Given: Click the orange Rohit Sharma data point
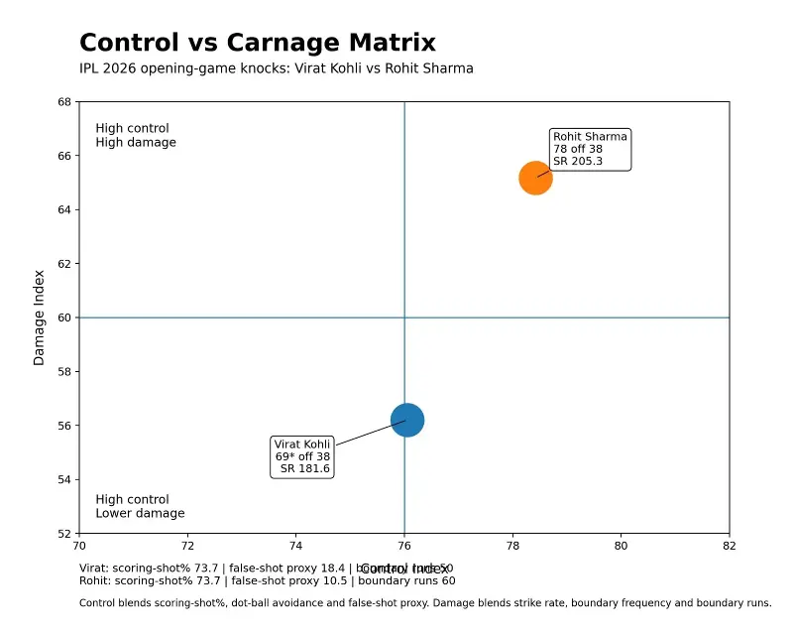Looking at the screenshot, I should pos(535,179).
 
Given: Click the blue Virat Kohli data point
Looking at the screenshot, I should pos(407,420).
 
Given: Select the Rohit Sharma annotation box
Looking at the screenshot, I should pos(590,149).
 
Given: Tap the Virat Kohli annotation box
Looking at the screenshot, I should pos(302,456).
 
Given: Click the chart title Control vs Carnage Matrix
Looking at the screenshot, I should pos(257,43).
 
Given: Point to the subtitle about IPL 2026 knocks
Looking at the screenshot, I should pos(276,69).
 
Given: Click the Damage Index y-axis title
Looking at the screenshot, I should pos(40,317).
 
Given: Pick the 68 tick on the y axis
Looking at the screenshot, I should pos(64,102).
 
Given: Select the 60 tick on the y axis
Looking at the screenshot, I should pos(64,317).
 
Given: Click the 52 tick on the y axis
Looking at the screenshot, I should pos(64,534).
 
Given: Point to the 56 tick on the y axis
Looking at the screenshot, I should pos(64,426).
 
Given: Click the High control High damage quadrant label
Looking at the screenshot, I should pos(136,136).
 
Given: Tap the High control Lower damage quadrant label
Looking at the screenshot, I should pos(140,507).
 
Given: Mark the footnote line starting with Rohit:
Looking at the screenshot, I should pos(268,581).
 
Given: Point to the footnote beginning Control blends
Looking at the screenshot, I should pos(424,602).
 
